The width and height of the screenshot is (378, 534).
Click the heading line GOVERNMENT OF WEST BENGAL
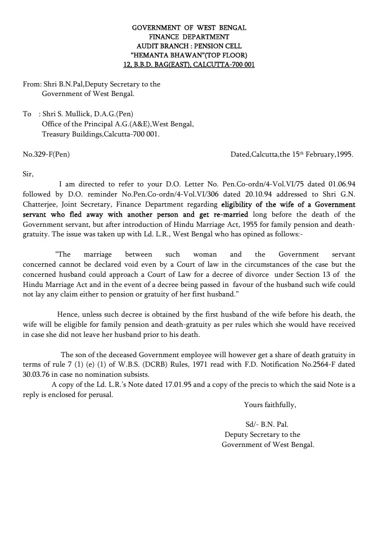pyautogui.click(x=189, y=28)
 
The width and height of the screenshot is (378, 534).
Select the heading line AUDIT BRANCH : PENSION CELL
pyautogui.click(x=189, y=46)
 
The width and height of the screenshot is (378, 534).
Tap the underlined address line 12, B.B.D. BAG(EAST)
pyautogui.click(x=189, y=65)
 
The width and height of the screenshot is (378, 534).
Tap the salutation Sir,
pyautogui.click(x=29, y=174)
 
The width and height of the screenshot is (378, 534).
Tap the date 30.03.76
pyautogui.click(x=37, y=375)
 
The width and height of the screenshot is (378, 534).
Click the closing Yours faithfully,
pyautogui.click(x=269, y=405)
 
